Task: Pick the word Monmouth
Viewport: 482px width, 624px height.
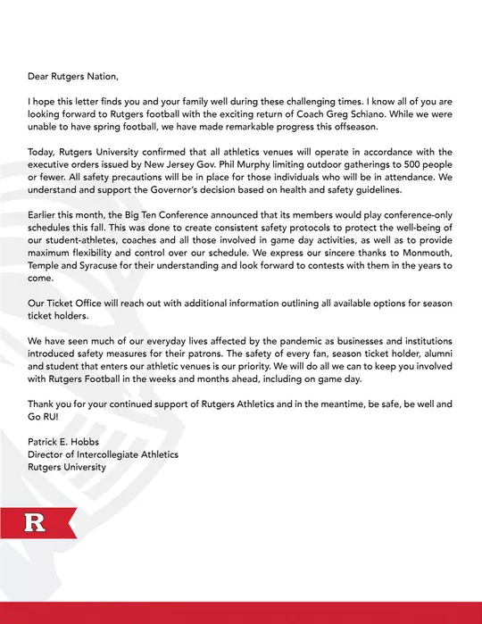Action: tap(421, 264)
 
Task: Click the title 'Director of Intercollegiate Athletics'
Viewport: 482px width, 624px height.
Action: tap(103, 453)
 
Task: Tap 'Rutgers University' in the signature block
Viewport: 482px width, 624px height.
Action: tap(67, 467)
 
